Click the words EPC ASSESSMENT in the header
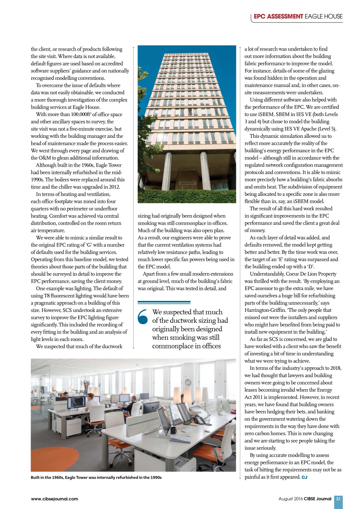click(278, 17)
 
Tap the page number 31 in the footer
click(338, 499)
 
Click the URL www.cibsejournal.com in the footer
click(54, 499)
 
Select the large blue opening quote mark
click(143, 316)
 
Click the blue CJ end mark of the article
click(304, 477)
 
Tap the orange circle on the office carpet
click(51, 459)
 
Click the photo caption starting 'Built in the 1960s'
click(96, 477)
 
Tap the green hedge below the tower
click(187, 196)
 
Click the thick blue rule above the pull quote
click(164, 302)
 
